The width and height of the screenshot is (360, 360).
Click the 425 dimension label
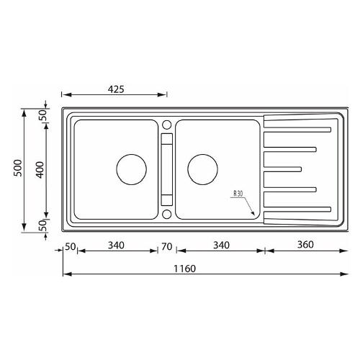pos(116,89)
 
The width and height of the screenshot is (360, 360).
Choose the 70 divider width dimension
pos(166,246)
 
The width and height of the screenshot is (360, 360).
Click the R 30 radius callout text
pos(238,194)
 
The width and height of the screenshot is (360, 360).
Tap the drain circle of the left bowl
pos(131,169)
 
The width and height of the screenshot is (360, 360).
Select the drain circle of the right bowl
pos(203,169)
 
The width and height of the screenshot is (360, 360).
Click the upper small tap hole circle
pos(166,125)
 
